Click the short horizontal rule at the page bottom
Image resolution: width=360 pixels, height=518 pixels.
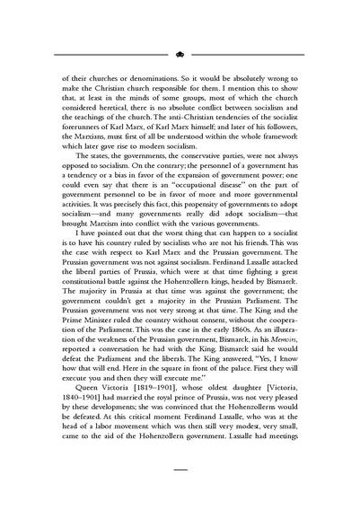click(x=180, y=470)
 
